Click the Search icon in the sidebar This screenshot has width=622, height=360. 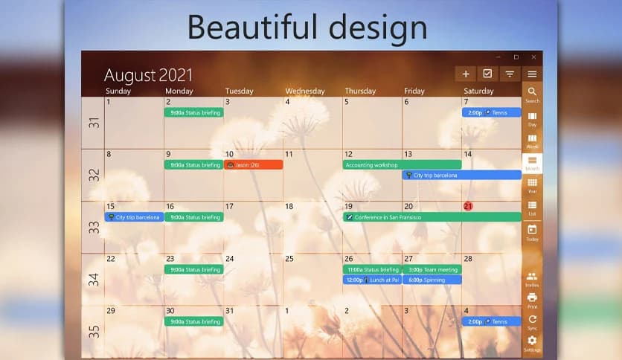point(532,93)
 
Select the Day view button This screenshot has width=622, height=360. point(532,118)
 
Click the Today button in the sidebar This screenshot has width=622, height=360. point(532,232)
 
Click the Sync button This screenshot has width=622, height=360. point(532,321)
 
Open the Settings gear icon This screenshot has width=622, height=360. point(532,343)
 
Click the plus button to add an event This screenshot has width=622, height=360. point(466,74)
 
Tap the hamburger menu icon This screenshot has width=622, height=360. point(532,74)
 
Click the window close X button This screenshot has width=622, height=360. point(533,57)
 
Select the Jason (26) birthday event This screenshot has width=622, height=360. point(253,165)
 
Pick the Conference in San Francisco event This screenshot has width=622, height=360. point(432,217)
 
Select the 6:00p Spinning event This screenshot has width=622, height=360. point(432,280)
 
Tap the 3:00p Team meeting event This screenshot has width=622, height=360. point(432,269)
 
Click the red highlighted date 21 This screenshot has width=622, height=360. point(468,206)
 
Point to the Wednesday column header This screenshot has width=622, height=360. point(304,91)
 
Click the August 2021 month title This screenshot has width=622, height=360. point(148,75)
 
